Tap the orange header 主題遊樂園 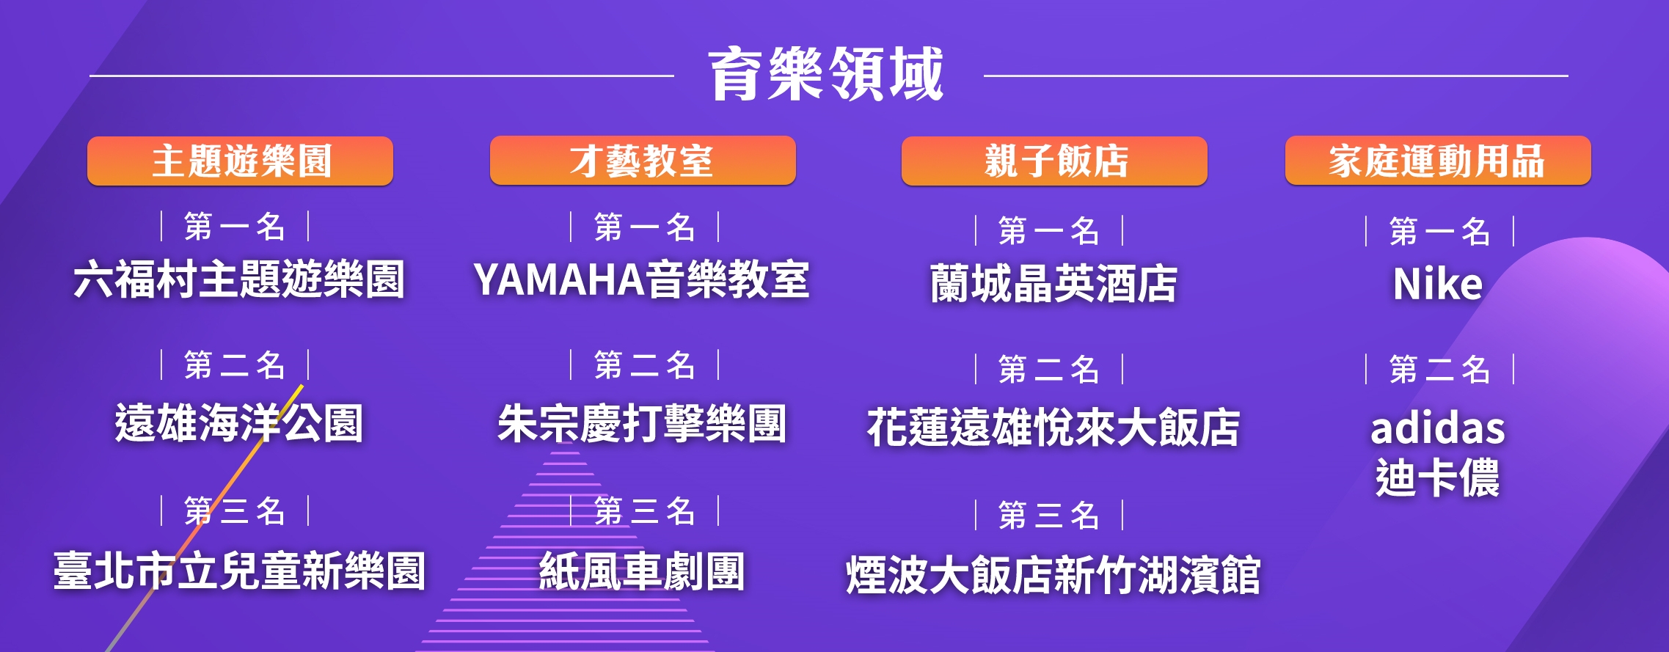[x=241, y=161]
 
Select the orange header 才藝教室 [x=643, y=161]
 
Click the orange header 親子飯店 [x=1054, y=161]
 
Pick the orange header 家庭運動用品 [x=1438, y=161]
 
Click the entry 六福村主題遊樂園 [x=239, y=279]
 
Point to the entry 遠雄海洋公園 [x=239, y=423]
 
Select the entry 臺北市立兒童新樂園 [x=239, y=571]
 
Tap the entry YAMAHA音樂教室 [x=641, y=279]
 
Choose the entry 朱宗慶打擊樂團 [x=642, y=423]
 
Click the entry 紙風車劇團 [x=642, y=571]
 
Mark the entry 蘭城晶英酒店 [x=1053, y=283]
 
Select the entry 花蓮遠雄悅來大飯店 [x=1053, y=428]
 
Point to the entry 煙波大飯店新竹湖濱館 [x=1053, y=574]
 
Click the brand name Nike [x=1438, y=283]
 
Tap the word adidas [x=1438, y=428]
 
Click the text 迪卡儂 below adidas [x=1438, y=477]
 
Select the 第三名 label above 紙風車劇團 [x=645, y=511]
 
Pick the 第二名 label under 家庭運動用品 [x=1439, y=369]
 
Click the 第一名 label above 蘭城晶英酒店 [x=1049, y=231]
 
